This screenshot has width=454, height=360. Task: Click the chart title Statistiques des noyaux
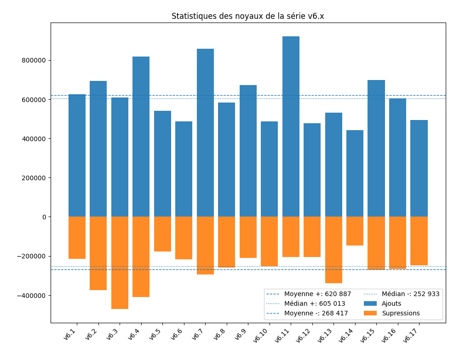point(247,16)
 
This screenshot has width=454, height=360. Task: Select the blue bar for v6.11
point(291,126)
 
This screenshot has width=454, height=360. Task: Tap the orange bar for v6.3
point(120,263)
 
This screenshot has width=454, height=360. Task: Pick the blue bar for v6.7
point(205,133)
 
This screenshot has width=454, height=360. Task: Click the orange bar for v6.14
point(355,231)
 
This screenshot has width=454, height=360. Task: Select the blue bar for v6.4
point(141,137)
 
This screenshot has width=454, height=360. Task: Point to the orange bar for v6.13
point(333,250)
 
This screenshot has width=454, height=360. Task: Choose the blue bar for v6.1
point(77,155)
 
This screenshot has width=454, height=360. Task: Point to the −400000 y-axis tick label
point(31,295)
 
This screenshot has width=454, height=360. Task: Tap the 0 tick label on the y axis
point(44,217)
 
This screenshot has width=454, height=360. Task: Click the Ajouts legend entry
point(391,303)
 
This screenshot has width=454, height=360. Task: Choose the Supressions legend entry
point(401,313)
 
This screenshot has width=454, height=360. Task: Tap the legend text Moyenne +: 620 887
point(317,294)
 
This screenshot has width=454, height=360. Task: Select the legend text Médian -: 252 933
point(410,294)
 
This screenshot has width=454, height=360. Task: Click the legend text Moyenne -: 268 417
point(316,313)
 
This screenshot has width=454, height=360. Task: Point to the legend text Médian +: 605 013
point(315,303)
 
